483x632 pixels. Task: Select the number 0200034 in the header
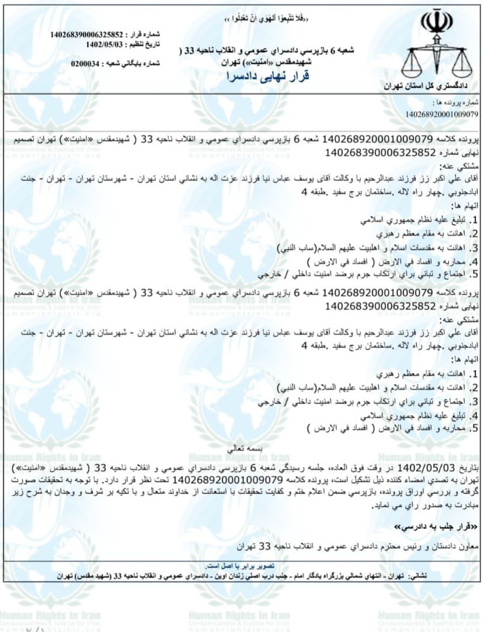tap(85, 63)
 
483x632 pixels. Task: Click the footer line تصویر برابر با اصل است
tap(242, 566)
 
